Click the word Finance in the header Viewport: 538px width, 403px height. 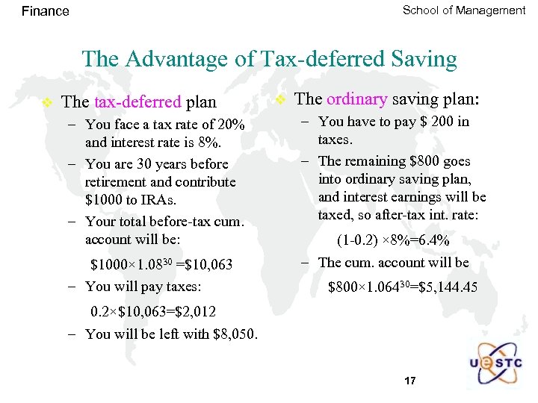coord(45,11)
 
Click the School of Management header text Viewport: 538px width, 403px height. coord(463,10)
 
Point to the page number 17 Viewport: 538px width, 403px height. coord(409,381)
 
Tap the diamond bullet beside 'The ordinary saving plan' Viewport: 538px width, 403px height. coord(280,99)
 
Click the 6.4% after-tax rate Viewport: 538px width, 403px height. coord(433,240)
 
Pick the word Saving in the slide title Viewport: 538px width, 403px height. coord(424,59)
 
